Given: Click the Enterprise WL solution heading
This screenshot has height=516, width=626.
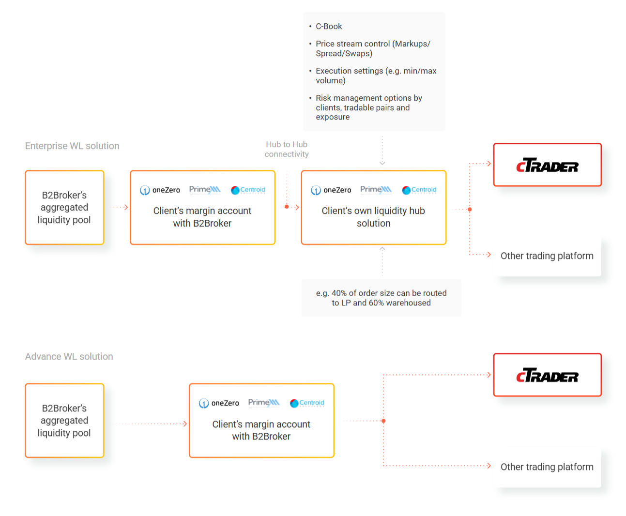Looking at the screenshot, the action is (x=72, y=146).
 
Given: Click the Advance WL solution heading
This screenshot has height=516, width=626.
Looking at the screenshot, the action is (x=69, y=356).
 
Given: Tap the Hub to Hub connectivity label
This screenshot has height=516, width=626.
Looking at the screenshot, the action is (x=287, y=149).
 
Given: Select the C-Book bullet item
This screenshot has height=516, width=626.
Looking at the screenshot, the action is (x=329, y=27).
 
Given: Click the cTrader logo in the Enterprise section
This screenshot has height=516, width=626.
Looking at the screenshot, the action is (x=547, y=165).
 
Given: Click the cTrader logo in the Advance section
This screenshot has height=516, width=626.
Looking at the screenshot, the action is (x=547, y=375).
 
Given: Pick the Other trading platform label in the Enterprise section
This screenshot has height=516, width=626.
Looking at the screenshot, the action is (x=547, y=256).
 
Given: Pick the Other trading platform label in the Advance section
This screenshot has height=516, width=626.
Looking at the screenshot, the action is (x=547, y=467).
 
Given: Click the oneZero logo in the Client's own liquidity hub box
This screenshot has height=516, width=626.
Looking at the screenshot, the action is (x=331, y=190).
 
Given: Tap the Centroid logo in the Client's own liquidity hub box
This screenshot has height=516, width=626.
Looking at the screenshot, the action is (x=419, y=190).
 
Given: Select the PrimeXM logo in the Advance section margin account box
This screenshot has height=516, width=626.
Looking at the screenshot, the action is (x=264, y=403).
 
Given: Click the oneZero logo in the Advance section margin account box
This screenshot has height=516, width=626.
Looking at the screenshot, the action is (x=219, y=403).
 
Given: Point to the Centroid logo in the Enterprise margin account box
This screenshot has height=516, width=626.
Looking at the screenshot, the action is (x=248, y=190).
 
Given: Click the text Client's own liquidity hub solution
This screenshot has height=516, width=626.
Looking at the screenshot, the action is (x=373, y=217).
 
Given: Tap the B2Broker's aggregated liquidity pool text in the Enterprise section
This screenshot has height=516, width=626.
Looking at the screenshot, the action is (x=64, y=208).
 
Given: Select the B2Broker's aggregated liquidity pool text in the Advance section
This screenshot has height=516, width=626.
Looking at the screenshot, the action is (x=64, y=420).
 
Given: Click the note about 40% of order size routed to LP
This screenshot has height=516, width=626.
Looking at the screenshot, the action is (x=381, y=298).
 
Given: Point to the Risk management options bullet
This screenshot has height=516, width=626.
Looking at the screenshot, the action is (x=369, y=107).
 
